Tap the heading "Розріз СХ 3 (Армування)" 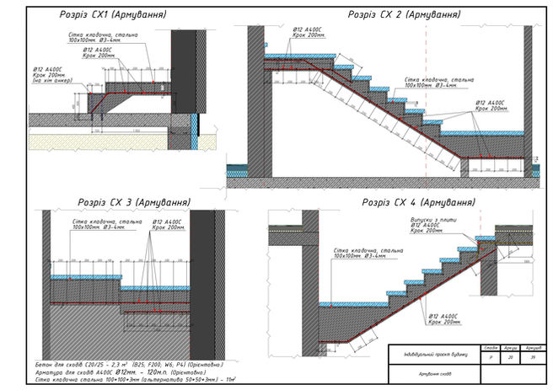click(134, 203)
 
